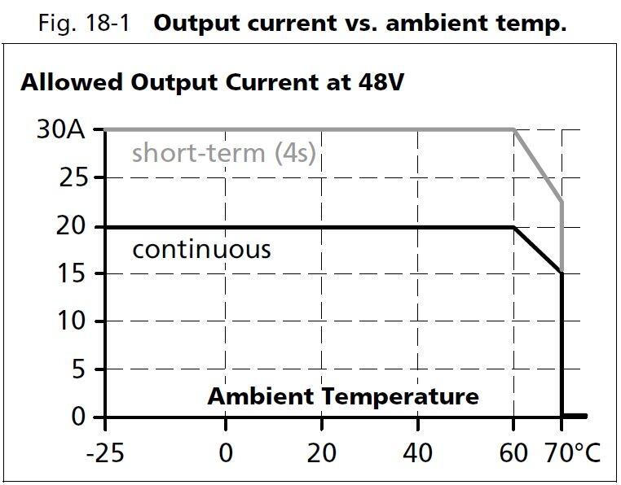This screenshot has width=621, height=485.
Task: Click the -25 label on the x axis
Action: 105,452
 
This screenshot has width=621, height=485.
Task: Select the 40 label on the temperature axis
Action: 418,452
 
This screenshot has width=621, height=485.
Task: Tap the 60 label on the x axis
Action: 514,452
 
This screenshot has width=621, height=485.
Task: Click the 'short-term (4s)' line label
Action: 223,153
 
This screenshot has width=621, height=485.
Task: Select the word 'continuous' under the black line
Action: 201,248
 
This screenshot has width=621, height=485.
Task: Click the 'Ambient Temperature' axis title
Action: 343,397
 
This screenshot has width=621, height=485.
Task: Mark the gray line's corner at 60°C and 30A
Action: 514,129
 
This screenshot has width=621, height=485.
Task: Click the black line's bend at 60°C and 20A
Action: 514,226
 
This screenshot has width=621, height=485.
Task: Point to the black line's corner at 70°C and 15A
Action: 562,273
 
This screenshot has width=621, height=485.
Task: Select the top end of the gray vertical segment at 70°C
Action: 562,201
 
